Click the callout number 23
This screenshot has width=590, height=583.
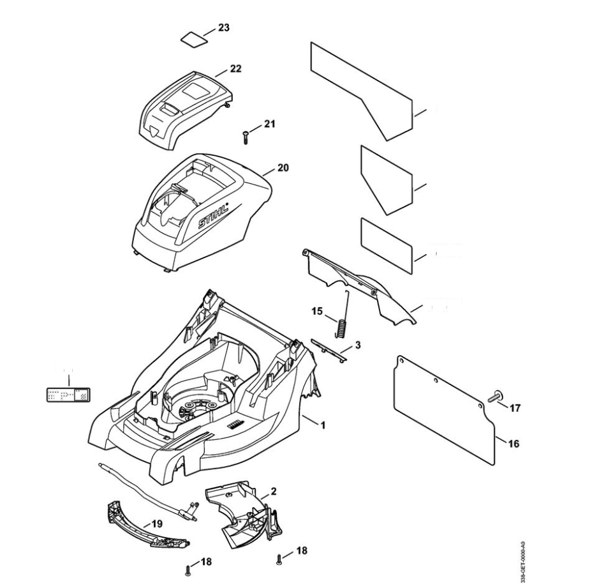coord(224,28)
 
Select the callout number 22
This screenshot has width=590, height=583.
coord(235,68)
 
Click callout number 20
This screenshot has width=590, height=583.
coord(283,168)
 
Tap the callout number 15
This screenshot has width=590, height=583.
coord(317,312)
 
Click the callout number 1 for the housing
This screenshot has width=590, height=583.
coord(323,424)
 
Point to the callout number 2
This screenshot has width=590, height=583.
coord(273,492)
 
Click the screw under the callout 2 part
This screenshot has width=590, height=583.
coord(280,560)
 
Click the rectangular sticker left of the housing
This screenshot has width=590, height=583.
coord(68,395)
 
